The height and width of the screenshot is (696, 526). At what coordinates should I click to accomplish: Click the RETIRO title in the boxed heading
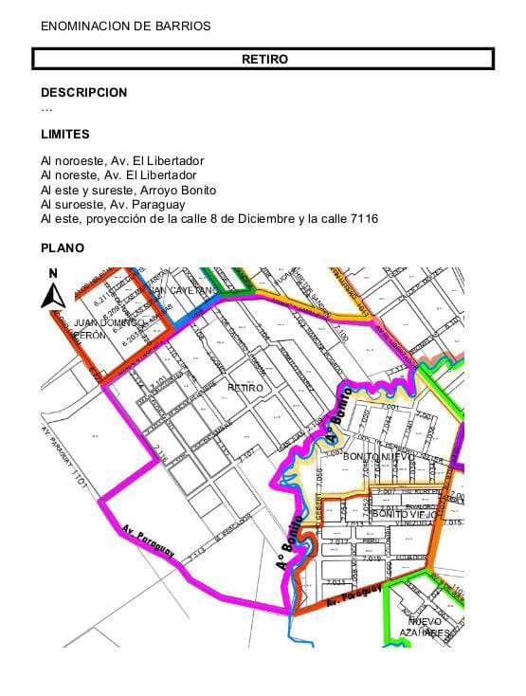[x=264, y=59]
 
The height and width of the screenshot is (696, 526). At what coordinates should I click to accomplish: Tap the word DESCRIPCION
[x=83, y=93]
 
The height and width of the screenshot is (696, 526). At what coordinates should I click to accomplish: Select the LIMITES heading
[x=65, y=135]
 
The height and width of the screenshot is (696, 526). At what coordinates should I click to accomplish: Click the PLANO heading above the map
[x=63, y=248]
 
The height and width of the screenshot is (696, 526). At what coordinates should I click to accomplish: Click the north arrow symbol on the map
[x=53, y=289]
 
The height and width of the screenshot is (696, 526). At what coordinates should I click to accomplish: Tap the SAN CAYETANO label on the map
[x=186, y=290]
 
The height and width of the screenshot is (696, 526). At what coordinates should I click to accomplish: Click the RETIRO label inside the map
[x=245, y=387]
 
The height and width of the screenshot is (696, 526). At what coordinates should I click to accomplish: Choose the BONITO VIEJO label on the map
[x=405, y=514]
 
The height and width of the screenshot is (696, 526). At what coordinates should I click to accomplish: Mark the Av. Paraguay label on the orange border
[x=354, y=597]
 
